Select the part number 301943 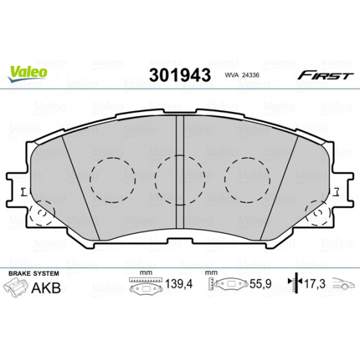pyautogui.click(x=180, y=75)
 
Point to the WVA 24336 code pyautogui.click(x=242, y=75)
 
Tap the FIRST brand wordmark pyautogui.click(x=325, y=75)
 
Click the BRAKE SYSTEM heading pyautogui.click(x=34, y=274)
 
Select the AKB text pyautogui.click(x=46, y=288)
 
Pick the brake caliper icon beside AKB pyautogui.click(x=16, y=287)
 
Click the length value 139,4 pyautogui.click(x=179, y=284)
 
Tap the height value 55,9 pyautogui.click(x=261, y=284)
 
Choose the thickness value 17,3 pyautogui.click(x=314, y=284)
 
